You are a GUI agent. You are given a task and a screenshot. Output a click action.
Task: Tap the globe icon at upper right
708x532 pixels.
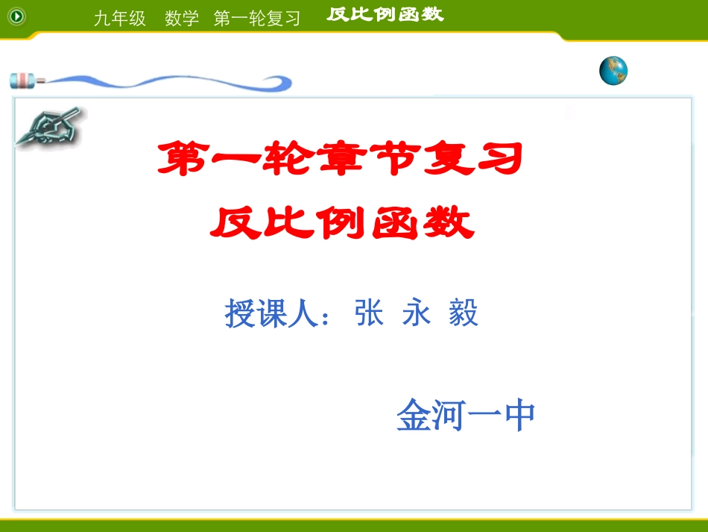[x=613, y=71]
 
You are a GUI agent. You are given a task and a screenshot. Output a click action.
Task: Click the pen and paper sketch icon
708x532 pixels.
[x=51, y=127]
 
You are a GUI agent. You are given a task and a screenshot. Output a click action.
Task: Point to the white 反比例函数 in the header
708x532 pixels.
[x=385, y=14]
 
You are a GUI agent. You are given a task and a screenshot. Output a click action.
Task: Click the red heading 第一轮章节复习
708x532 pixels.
[x=339, y=159]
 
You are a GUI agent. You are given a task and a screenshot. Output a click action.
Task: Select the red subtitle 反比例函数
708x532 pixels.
[x=342, y=222]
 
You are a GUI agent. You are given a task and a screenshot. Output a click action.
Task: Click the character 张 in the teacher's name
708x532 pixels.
[x=370, y=313]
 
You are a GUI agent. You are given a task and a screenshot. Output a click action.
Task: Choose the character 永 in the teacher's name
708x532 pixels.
[x=416, y=313]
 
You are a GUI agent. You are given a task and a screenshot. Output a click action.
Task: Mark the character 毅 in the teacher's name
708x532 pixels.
[x=463, y=313]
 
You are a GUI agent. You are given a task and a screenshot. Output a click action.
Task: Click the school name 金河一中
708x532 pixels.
[x=466, y=415]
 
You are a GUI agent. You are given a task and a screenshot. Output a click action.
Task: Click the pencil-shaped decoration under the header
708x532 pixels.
[x=149, y=80]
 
